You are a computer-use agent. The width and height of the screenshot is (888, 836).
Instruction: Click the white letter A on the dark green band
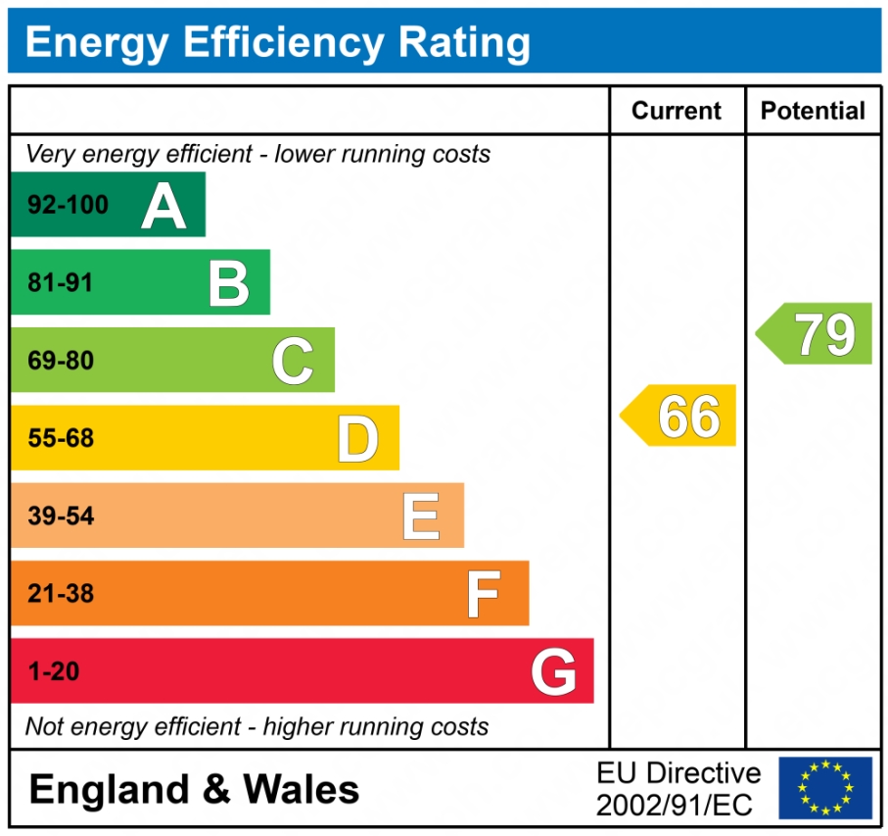[x=164, y=206]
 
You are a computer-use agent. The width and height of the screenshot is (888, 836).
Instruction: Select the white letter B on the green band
[x=229, y=283]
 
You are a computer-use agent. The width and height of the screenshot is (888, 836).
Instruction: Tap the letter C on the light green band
[x=293, y=361]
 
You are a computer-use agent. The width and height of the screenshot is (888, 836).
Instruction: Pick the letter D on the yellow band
[x=357, y=438]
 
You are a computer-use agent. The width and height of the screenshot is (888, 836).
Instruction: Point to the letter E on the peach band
[x=421, y=516]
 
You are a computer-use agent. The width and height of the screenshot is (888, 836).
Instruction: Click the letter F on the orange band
[x=484, y=594]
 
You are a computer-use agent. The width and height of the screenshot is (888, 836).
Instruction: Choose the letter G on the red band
[x=553, y=672]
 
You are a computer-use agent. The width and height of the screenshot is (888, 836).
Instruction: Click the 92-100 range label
[x=68, y=206]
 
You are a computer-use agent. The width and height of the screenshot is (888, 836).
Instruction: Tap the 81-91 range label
[x=60, y=283]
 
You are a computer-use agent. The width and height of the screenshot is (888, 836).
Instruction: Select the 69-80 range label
[x=60, y=361]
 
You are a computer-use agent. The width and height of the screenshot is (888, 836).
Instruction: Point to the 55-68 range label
[x=60, y=438]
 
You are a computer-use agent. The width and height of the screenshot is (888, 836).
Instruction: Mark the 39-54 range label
[x=60, y=516]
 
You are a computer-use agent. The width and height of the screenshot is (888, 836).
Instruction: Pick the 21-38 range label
[x=60, y=594]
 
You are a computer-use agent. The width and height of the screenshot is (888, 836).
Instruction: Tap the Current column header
[x=677, y=111]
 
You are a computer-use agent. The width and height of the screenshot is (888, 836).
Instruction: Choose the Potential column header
[x=813, y=111]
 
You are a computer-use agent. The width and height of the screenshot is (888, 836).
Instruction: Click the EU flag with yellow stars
[x=824, y=787]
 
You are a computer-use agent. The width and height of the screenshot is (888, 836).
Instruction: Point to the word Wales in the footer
[x=302, y=789]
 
